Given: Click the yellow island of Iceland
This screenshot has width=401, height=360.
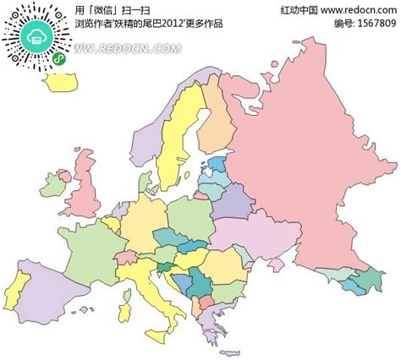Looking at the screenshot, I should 61,82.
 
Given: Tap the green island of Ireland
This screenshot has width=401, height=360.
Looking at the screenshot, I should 55,183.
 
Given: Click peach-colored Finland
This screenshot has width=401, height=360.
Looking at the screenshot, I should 216,118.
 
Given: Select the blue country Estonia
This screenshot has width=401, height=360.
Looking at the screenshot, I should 215,163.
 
